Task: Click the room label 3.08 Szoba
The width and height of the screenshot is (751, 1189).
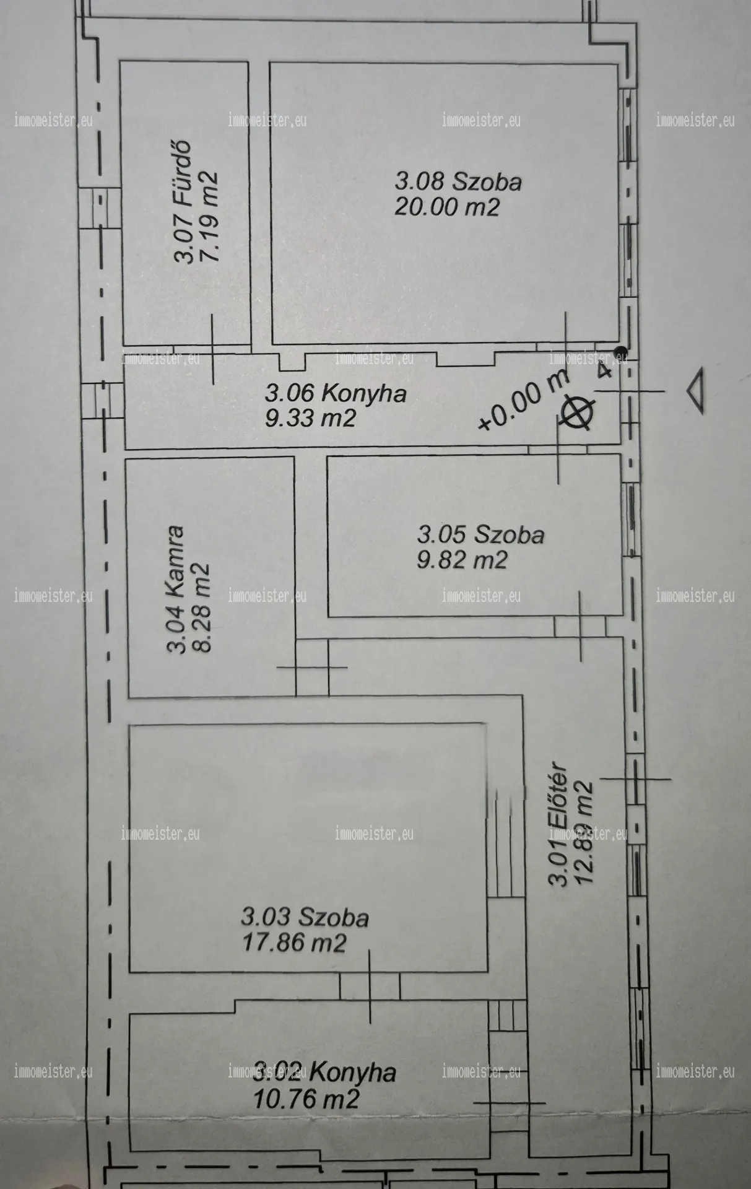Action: coord(458,181)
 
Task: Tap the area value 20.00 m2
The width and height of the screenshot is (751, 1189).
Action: coord(447,206)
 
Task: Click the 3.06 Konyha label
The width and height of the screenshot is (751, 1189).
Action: coord(336,393)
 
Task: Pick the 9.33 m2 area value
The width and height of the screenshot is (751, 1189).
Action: coord(310,419)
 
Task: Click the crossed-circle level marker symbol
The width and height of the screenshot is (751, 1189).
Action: coord(576,413)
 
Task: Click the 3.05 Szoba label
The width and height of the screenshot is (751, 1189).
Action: coord(481,534)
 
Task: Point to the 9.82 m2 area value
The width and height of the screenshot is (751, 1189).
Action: coord(462,560)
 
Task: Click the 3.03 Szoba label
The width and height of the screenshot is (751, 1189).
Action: coord(305,917)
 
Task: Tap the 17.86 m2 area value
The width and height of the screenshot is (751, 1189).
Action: coord(293,943)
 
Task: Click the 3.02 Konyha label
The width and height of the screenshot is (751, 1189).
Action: coord(325,1072)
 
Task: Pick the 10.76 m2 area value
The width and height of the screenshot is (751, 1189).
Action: coord(306,1099)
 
